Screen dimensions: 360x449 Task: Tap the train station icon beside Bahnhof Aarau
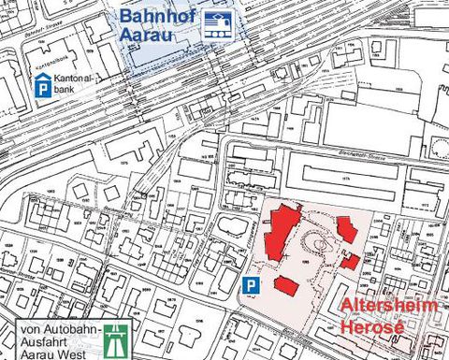[x=218, y=26]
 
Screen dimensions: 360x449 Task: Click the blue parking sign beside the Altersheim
[x=250, y=284]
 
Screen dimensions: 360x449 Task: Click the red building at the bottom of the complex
[x=286, y=285]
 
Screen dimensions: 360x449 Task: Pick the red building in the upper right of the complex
[x=347, y=230]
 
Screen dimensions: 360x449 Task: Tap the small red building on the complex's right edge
[x=350, y=260]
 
